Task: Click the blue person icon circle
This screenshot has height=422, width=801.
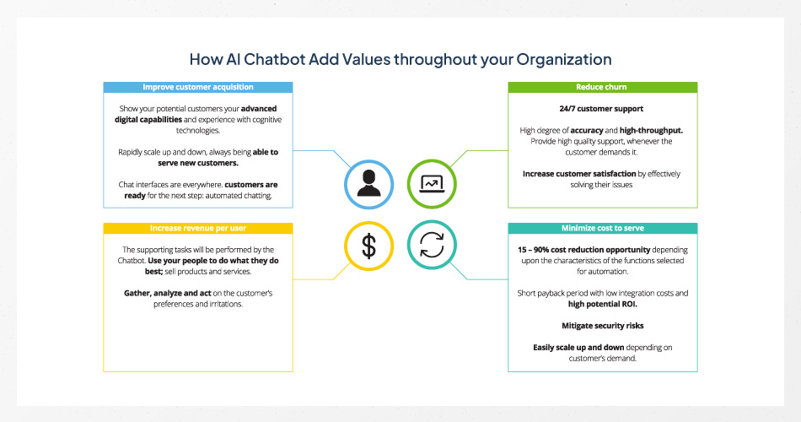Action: (368, 182)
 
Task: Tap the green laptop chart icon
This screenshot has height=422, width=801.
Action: (432, 182)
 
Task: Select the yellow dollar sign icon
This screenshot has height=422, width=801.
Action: (368, 246)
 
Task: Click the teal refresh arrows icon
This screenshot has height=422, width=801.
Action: (432, 246)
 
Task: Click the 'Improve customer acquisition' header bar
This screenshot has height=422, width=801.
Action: (197, 87)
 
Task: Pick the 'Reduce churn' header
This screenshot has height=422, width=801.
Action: (601, 87)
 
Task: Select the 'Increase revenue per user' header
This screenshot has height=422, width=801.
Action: (197, 228)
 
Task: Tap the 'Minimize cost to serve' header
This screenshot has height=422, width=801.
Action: (601, 228)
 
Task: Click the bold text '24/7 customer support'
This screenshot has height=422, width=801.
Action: (602, 109)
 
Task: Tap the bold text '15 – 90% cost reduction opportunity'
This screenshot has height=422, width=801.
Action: (583, 250)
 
